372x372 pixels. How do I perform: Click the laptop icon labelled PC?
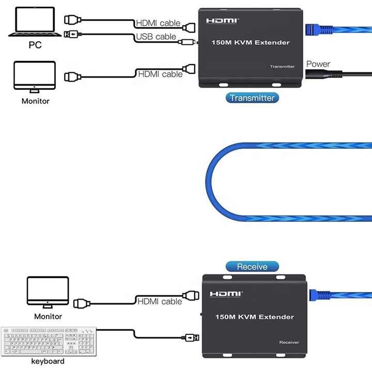(x=35, y=22)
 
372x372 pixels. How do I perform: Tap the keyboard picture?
(x=49, y=342)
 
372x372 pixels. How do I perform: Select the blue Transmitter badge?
(x=252, y=98)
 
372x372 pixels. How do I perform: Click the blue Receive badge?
(x=252, y=267)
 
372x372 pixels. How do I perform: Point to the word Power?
(x=318, y=64)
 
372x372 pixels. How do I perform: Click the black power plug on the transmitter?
(x=323, y=74)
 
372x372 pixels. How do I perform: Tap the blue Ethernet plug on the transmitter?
(x=319, y=29)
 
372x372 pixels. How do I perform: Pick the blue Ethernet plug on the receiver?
(x=320, y=295)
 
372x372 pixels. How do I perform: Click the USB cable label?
(x=156, y=37)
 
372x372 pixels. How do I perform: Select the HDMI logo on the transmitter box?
(x=223, y=21)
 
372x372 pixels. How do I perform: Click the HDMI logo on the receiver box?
(x=226, y=294)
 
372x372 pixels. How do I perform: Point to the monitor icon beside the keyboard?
(x=48, y=292)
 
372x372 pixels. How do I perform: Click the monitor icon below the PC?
(x=35, y=77)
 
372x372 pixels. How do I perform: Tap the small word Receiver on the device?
(x=289, y=343)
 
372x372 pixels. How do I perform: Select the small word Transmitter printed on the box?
(x=282, y=67)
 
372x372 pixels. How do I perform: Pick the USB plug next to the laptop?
(x=73, y=35)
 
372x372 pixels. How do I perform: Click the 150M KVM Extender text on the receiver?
(x=255, y=317)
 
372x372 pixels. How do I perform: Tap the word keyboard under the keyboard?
(x=48, y=361)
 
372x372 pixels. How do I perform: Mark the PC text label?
(x=35, y=45)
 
